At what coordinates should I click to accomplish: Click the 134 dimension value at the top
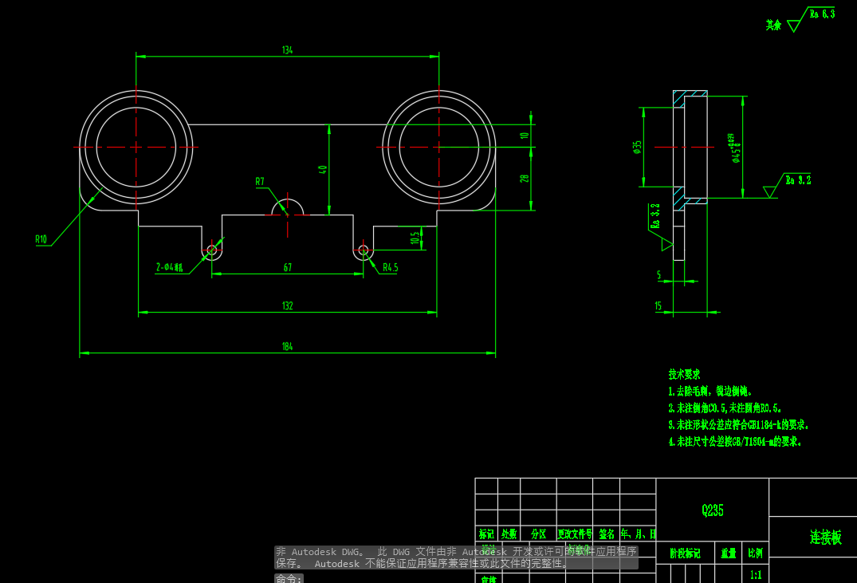(287, 50)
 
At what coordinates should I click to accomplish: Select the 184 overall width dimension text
(287, 347)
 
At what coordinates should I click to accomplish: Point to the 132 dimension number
(287, 305)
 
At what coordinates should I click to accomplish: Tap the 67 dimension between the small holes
(287, 268)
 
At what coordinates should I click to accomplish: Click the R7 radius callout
(260, 182)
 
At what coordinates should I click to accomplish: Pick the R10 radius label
(41, 238)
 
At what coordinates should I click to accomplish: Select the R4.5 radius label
(390, 268)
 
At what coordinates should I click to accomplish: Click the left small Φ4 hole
(212, 250)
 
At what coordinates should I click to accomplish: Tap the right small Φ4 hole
(364, 250)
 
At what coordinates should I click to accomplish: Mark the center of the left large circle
(136, 147)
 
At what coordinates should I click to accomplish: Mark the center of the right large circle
(438, 147)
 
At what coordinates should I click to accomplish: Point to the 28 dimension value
(525, 179)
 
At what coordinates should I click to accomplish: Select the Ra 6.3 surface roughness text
(822, 14)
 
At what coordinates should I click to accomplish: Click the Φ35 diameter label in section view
(637, 147)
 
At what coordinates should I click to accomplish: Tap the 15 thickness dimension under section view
(658, 306)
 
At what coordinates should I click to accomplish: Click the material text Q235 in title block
(713, 510)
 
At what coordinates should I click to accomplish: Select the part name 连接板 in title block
(825, 538)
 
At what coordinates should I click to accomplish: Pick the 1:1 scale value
(756, 573)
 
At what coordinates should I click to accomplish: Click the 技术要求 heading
(684, 374)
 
